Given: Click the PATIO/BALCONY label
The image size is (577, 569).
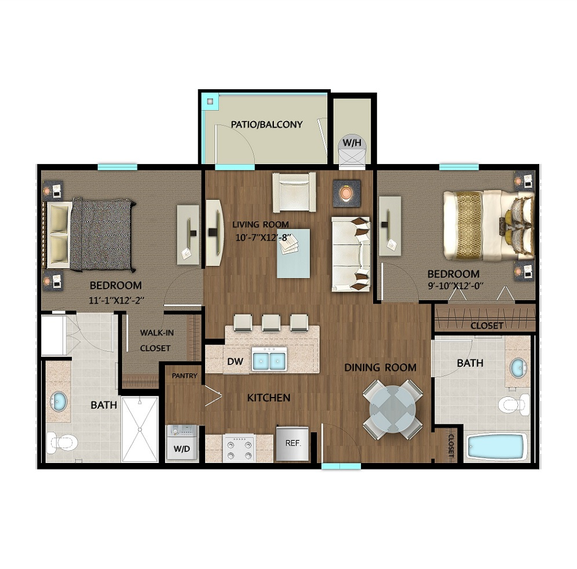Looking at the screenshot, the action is pyautogui.click(x=266, y=125).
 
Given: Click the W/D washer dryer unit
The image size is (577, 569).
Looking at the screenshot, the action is pyautogui.click(x=182, y=443).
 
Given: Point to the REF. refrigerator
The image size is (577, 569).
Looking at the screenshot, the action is pyautogui.click(x=293, y=443).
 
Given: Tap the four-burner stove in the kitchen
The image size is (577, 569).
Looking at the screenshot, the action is pyautogui.click(x=239, y=447).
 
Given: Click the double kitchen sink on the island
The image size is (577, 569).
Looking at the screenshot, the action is pyautogui.click(x=269, y=359).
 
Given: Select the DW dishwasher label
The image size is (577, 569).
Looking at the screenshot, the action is pyautogui.click(x=235, y=362).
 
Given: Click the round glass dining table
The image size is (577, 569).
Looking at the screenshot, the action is pyautogui.click(x=393, y=409).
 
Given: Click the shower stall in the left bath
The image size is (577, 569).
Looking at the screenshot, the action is pyautogui.click(x=140, y=429).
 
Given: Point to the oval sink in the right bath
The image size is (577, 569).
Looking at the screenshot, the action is pyautogui.click(x=518, y=368).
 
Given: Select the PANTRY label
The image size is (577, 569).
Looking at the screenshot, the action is pyautogui.click(x=185, y=376).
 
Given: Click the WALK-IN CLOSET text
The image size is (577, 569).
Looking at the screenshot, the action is pyautogui.click(x=156, y=341).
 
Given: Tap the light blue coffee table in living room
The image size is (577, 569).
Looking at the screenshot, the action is pyautogui.click(x=293, y=253).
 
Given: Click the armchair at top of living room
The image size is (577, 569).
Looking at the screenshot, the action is pyautogui.click(x=294, y=192).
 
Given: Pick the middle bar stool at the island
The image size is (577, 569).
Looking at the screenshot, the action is pyautogui.click(x=271, y=323).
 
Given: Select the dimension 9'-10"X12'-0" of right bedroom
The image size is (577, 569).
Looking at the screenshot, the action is pyautogui.click(x=455, y=286).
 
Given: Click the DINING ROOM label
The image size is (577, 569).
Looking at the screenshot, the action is pyautogui.click(x=380, y=367).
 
